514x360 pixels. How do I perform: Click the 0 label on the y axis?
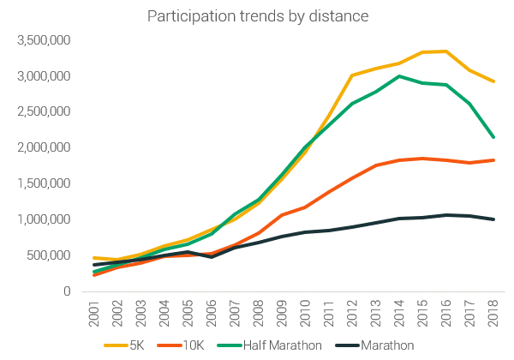(66, 291)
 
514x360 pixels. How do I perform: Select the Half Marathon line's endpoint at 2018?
(493, 137)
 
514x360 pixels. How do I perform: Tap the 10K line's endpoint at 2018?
(493, 160)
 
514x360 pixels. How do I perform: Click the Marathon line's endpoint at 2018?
(493, 219)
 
